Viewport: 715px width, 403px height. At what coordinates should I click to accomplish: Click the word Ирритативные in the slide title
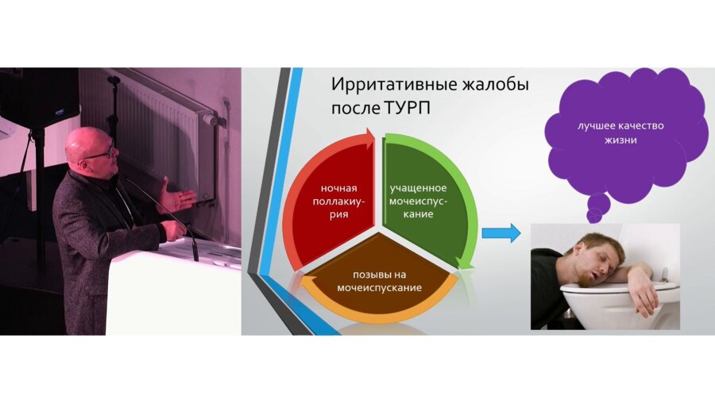(394, 85)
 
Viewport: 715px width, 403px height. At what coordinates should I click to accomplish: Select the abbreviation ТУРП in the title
(407, 109)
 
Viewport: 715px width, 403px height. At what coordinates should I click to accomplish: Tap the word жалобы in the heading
(496, 84)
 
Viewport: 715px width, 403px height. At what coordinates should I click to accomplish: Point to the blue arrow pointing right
(501, 233)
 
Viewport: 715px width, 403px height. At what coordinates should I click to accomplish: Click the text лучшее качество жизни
(620, 132)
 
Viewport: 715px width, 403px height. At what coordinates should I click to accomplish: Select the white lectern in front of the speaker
(174, 291)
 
